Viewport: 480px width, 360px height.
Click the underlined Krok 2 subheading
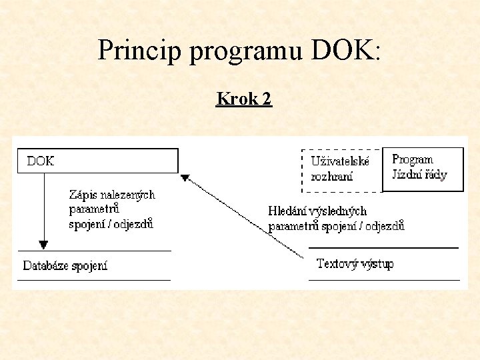pos(243,99)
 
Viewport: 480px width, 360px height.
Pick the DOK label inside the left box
pos(40,161)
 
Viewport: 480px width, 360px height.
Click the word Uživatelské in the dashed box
pos(340,162)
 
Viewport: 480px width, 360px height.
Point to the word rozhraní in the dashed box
pos(331,177)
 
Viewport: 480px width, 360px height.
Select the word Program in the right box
pos(412,160)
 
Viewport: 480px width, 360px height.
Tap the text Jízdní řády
pos(419,175)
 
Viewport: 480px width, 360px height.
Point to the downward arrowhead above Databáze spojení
pos(44,245)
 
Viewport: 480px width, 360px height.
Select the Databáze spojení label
pos(65,266)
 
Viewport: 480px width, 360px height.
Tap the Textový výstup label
pos(355,264)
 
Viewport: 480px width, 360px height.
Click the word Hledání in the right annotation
pos(287,211)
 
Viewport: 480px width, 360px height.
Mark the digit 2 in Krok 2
pos(267,99)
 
